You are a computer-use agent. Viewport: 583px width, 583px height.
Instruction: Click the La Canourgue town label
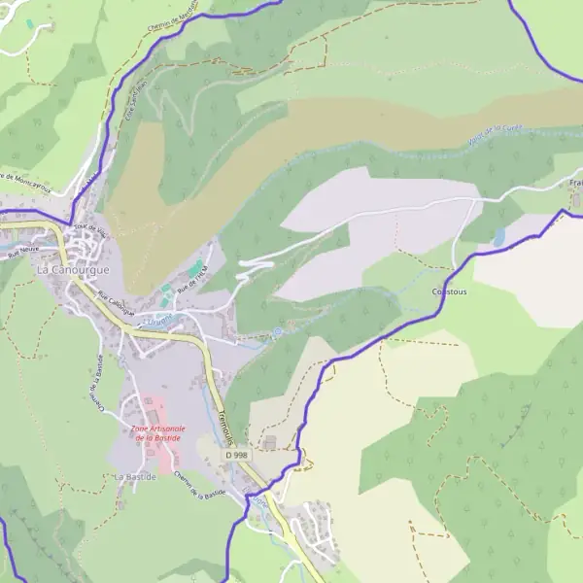coord(73,267)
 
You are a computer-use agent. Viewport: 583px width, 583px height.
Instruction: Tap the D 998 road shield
coord(235,454)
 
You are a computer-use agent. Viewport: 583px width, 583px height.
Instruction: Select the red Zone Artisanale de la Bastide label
coord(158,433)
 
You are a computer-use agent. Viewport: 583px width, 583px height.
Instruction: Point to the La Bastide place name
coord(134,477)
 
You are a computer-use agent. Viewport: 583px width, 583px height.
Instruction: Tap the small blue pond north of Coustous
coord(498,237)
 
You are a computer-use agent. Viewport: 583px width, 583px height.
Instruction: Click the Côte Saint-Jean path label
coord(130,127)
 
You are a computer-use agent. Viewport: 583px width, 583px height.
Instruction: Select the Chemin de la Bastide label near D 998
coord(201,485)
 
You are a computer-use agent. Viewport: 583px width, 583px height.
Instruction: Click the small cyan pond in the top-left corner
coord(29,21)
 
